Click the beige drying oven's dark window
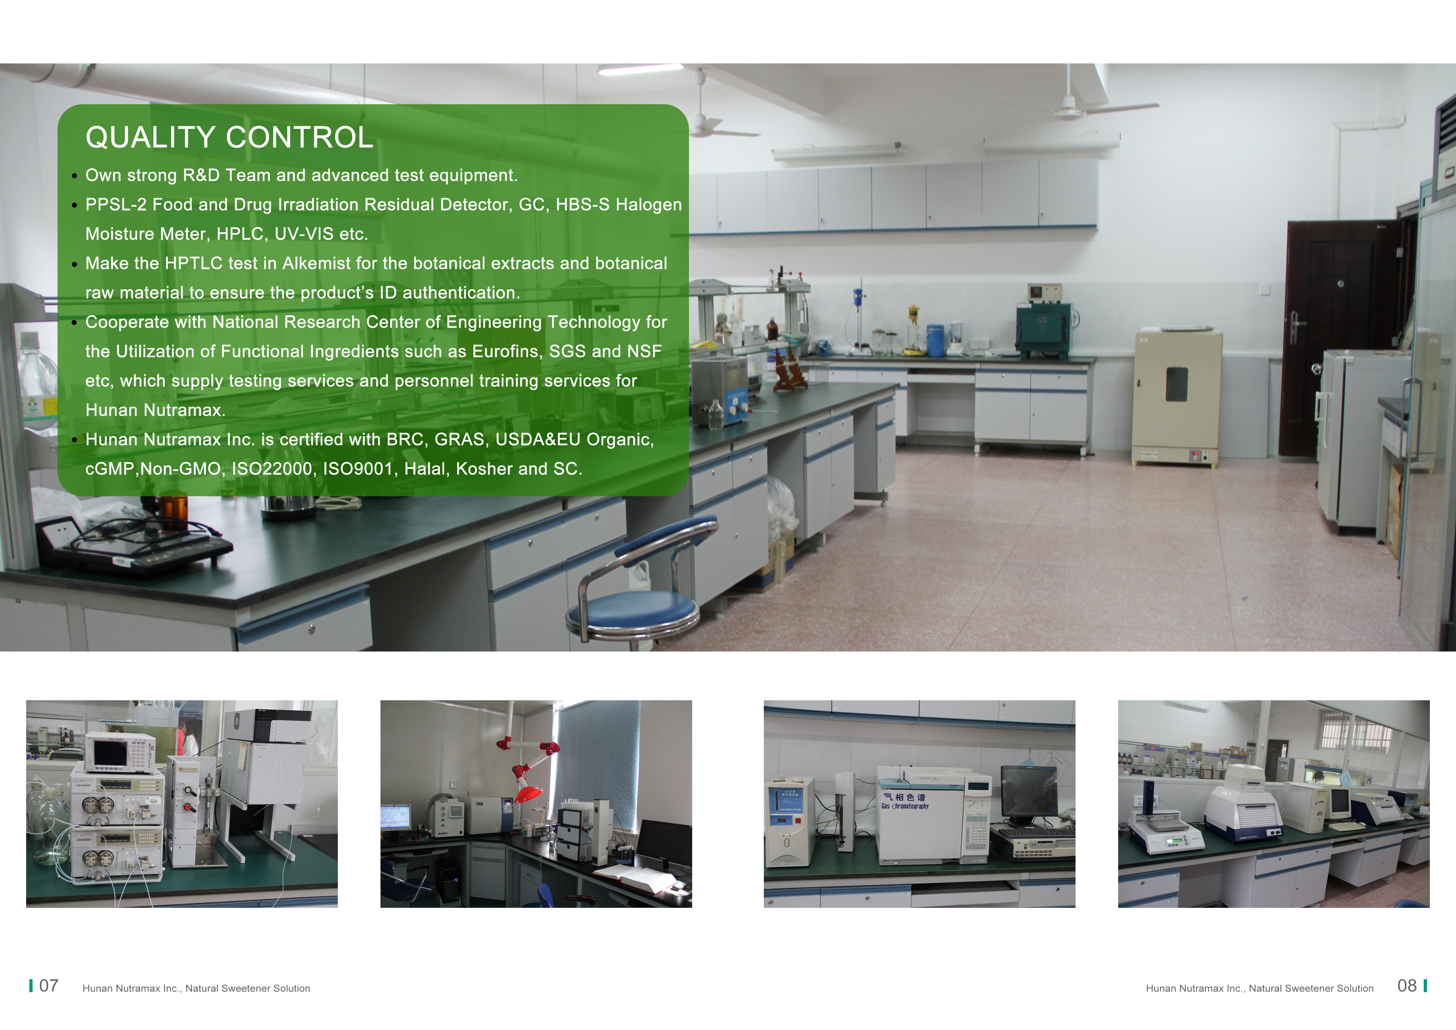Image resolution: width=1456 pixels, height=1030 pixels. [1176, 384]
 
